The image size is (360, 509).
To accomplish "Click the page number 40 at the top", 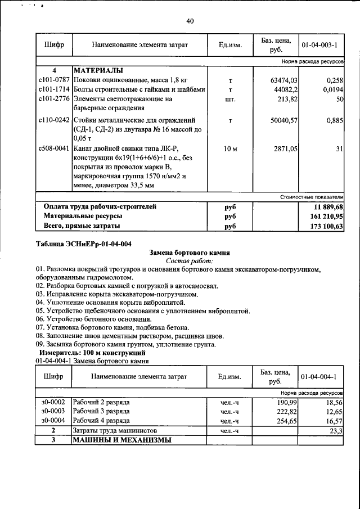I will [190, 21].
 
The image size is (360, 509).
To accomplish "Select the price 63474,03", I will [285, 80].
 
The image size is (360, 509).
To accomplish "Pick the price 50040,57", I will [285, 120].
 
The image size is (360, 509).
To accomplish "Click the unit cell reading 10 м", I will [231, 148].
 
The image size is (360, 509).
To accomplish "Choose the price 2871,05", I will [286, 148].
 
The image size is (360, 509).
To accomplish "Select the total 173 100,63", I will [325, 226].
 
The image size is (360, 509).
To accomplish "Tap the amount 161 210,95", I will [325, 216].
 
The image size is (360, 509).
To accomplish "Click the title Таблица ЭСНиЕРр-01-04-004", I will [83, 244].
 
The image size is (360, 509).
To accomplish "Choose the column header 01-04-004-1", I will [319, 376].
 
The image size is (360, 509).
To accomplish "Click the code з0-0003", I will [53, 412].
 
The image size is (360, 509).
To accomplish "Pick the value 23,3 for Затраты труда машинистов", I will [336, 430].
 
